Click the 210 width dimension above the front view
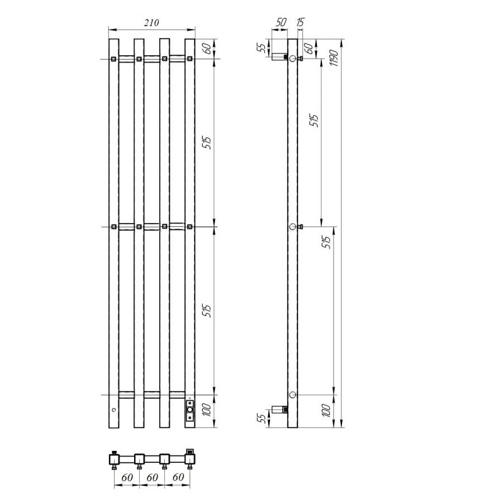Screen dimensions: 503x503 coord(151,23)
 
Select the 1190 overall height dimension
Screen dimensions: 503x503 coord(334,57)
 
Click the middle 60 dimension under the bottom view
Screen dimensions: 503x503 coord(152,478)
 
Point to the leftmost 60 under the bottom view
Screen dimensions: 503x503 coord(126,478)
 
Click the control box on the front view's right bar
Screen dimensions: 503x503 coord(190,412)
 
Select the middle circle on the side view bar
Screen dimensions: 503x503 coord(292,227)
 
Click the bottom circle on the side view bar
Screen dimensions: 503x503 coord(292,395)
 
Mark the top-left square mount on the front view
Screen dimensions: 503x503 coord(113,59)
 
